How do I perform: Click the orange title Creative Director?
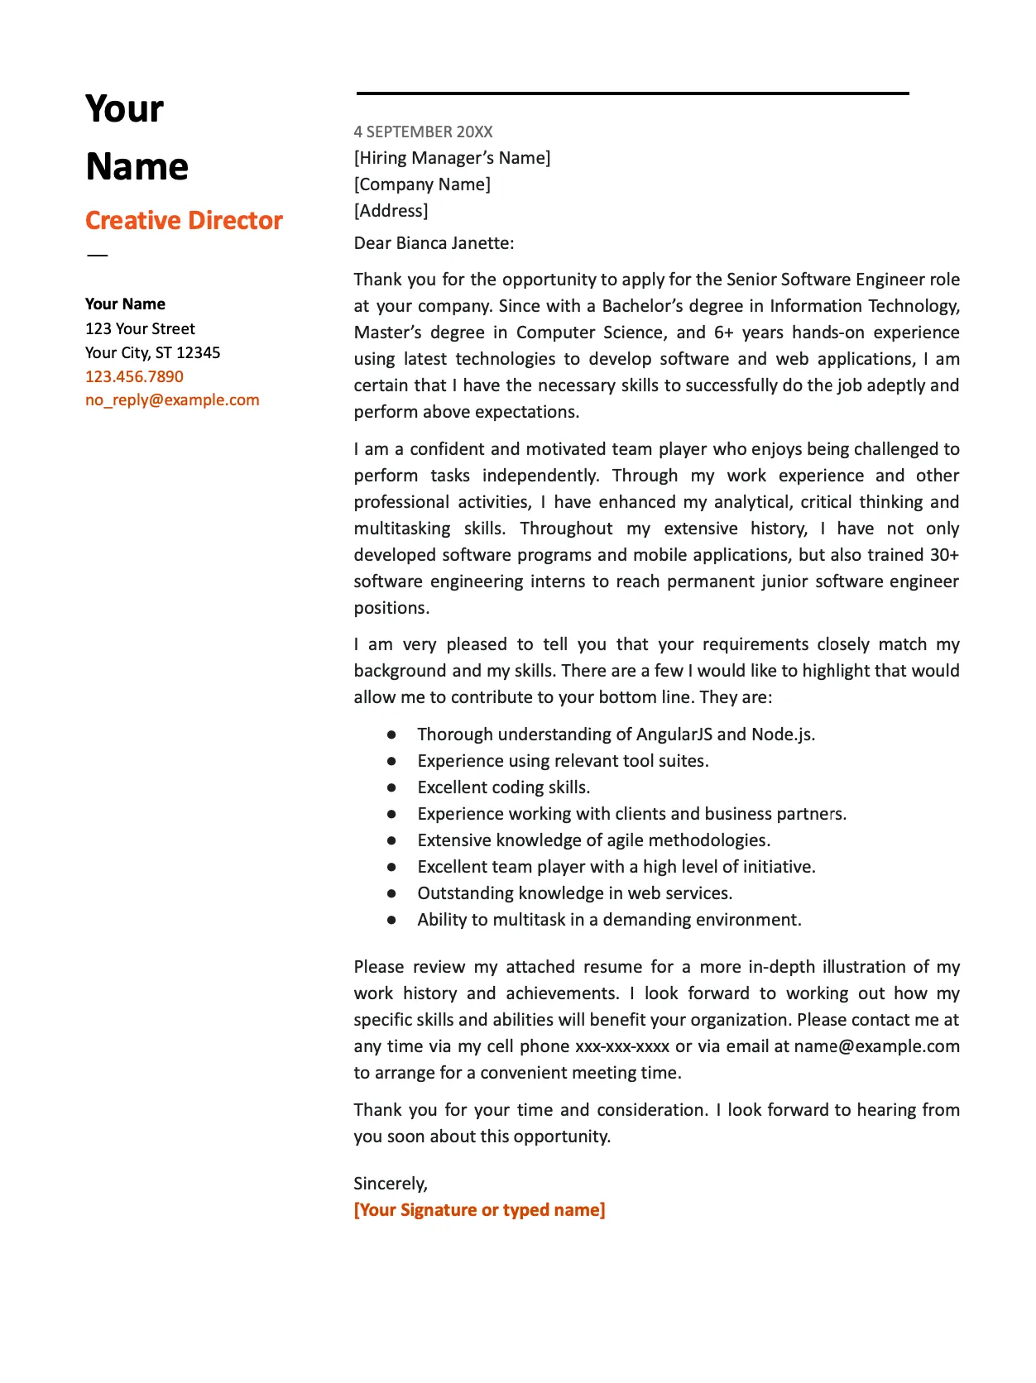pyautogui.click(x=184, y=221)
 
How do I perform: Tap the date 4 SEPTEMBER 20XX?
pyautogui.click(x=423, y=132)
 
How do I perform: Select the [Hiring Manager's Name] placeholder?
pyautogui.click(x=452, y=158)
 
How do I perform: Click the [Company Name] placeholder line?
pyautogui.click(x=422, y=184)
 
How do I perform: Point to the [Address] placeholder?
pyautogui.click(x=391, y=211)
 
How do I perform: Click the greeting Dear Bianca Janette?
pyautogui.click(x=434, y=243)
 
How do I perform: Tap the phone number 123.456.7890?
pyautogui.click(x=134, y=376)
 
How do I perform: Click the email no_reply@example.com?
pyautogui.click(x=172, y=400)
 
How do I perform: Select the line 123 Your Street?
pyautogui.click(x=140, y=328)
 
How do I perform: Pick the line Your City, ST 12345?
pyautogui.click(x=152, y=352)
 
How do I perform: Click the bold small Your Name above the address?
pyautogui.click(x=125, y=304)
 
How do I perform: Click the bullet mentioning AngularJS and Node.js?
pyautogui.click(x=616, y=735)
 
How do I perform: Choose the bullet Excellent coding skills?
pyautogui.click(x=503, y=787)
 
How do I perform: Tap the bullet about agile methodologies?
pyautogui.click(x=593, y=840)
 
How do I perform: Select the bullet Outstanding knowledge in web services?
pyautogui.click(x=574, y=893)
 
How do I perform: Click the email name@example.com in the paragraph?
pyautogui.click(x=876, y=1046)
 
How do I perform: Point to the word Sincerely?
pyautogui.click(x=391, y=1184)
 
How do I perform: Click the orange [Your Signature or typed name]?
pyautogui.click(x=479, y=1210)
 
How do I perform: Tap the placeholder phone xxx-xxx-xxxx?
pyautogui.click(x=621, y=1046)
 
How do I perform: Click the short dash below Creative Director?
pyautogui.click(x=97, y=255)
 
